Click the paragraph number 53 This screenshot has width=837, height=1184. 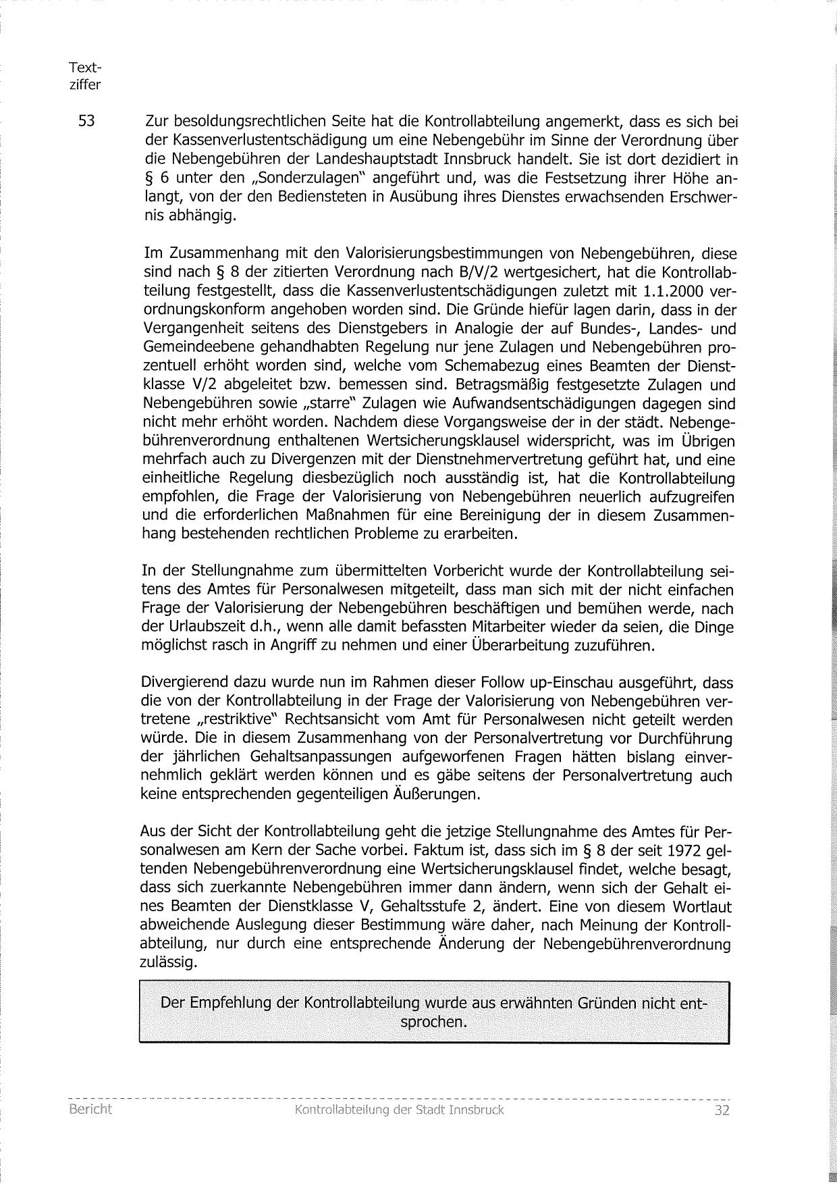(87, 122)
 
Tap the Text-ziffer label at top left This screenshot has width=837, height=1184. (85, 76)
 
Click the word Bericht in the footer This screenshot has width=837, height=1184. (90, 1110)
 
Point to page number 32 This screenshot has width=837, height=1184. (722, 1110)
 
